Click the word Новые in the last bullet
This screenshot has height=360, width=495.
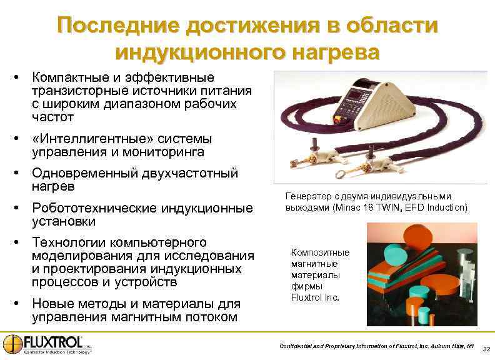click(52, 304)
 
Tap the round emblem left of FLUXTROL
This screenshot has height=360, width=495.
click(12, 344)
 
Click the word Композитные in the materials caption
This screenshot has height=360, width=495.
click(321, 252)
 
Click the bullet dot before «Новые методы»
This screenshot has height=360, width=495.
click(19, 304)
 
